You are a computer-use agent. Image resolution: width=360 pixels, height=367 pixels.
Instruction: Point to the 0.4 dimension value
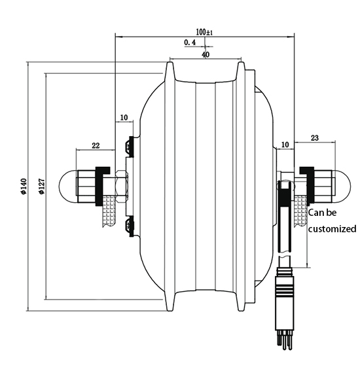(190, 43)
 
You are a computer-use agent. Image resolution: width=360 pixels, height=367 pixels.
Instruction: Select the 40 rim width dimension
(206, 56)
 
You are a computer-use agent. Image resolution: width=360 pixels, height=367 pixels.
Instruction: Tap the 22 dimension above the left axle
(95, 145)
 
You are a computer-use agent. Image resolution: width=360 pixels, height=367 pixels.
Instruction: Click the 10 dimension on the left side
(124, 118)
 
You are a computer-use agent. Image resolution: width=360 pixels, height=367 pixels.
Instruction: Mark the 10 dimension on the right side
(285, 144)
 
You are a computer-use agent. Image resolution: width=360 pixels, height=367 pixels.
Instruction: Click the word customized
(332, 228)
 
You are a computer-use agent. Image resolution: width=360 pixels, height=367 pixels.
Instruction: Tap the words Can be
(323, 213)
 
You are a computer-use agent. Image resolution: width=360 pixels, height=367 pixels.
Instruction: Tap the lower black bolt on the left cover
(130, 226)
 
